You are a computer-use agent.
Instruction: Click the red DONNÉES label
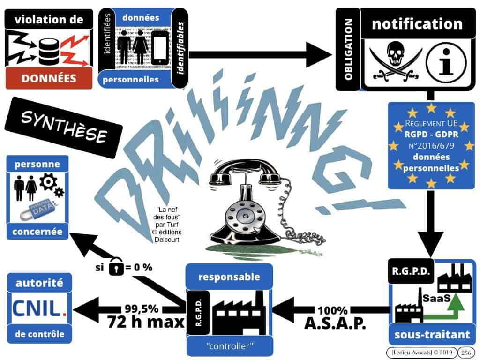click(49, 78)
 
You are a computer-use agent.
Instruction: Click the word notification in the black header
click(417, 24)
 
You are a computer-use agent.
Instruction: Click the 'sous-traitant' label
click(432, 335)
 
